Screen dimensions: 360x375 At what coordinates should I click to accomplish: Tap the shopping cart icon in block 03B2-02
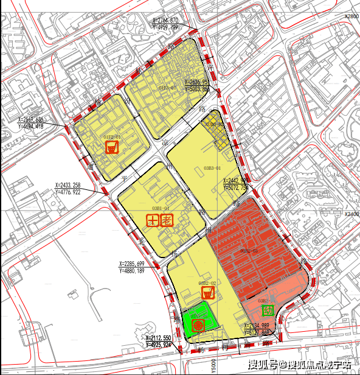pos(208,293)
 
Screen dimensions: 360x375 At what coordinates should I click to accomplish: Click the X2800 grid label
pos(352,16)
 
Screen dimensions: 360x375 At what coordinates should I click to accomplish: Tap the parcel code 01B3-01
pos(167,88)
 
